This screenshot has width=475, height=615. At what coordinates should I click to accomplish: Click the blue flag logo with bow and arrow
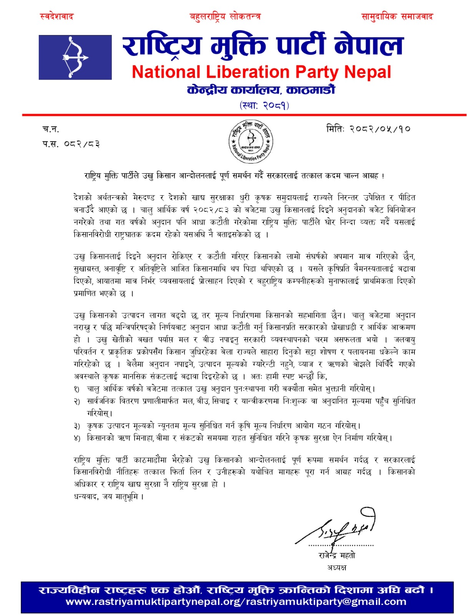(x=75, y=57)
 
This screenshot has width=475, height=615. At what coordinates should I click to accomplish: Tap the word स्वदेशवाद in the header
(x=56, y=17)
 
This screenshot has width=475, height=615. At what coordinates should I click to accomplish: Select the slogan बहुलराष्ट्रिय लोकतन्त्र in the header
(x=225, y=17)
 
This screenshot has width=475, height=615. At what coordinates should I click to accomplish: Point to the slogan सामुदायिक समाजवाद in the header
(x=397, y=17)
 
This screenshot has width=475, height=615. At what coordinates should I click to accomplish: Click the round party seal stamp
(x=251, y=141)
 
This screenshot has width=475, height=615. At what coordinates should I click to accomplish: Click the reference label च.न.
(x=50, y=129)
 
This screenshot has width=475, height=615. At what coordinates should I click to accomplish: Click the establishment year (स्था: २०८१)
(x=264, y=105)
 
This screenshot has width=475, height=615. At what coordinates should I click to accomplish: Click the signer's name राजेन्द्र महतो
(x=337, y=555)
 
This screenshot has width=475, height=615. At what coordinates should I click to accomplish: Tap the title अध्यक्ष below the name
(x=337, y=567)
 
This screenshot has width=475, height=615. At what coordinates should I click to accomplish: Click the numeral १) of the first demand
(x=77, y=389)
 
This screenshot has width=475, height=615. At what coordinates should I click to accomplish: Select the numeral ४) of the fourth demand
(x=77, y=438)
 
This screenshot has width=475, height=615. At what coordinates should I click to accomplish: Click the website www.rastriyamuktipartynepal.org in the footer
(x=153, y=602)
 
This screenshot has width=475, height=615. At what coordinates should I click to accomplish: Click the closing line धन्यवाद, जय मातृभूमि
(x=109, y=496)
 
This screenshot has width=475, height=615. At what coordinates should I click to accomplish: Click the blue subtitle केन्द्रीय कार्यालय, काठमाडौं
(x=261, y=90)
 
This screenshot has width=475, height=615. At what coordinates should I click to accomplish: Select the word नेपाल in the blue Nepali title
(x=368, y=45)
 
